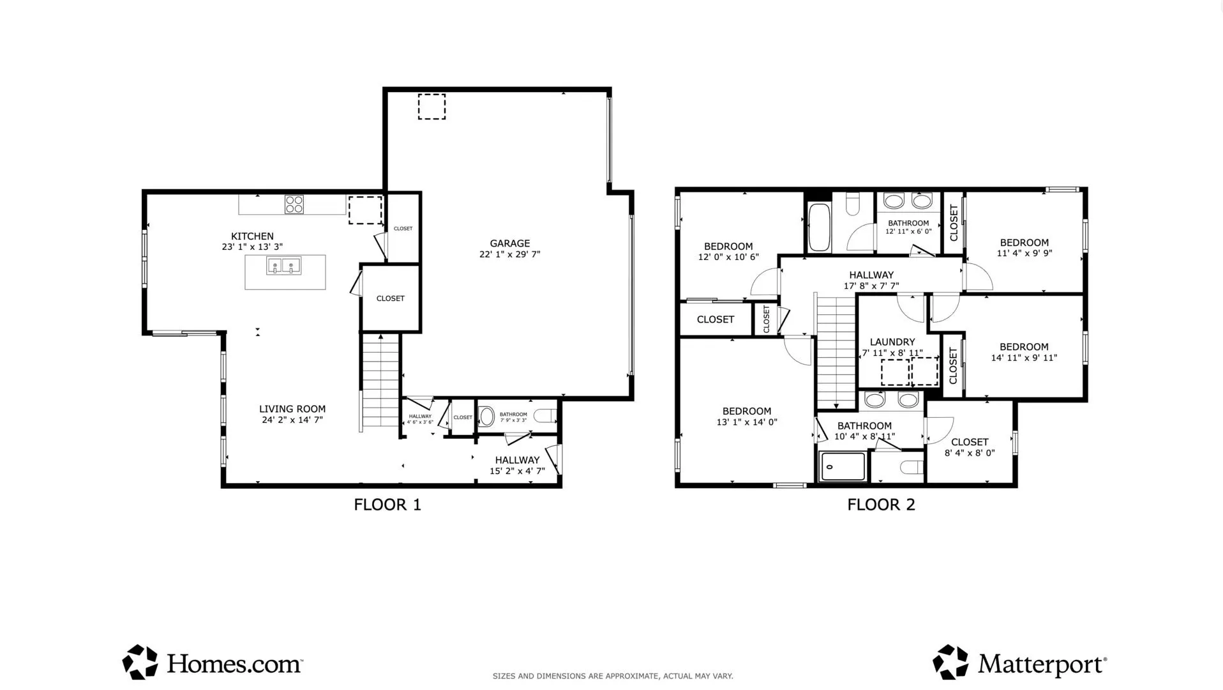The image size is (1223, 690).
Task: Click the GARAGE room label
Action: [509, 243]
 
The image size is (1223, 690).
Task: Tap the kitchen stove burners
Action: [294, 204]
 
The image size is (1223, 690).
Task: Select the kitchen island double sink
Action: [284, 266]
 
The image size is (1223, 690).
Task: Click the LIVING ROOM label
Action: [292, 409]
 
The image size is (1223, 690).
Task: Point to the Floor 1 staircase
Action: [380, 381]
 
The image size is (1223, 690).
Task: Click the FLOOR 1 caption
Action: [387, 505]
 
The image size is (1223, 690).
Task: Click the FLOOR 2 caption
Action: [881, 505]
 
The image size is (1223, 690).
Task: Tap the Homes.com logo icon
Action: [140, 662]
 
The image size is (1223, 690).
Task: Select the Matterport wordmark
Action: [1042, 665]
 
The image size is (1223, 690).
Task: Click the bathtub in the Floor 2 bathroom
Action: [819, 227]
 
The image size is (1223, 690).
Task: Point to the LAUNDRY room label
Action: [892, 342]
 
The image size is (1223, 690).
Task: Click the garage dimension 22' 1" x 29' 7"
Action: [510, 254]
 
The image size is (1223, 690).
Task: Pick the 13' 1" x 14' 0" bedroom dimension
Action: [747, 422]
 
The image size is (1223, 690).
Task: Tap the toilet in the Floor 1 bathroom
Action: [544, 416]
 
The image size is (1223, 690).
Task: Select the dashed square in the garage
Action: [431, 107]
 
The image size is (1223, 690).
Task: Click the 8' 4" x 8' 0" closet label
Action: [970, 447]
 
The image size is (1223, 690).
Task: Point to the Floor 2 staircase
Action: [836, 352]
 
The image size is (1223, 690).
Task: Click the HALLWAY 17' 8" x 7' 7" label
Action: [871, 280]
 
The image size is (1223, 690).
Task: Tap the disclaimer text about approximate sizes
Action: [613, 676]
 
